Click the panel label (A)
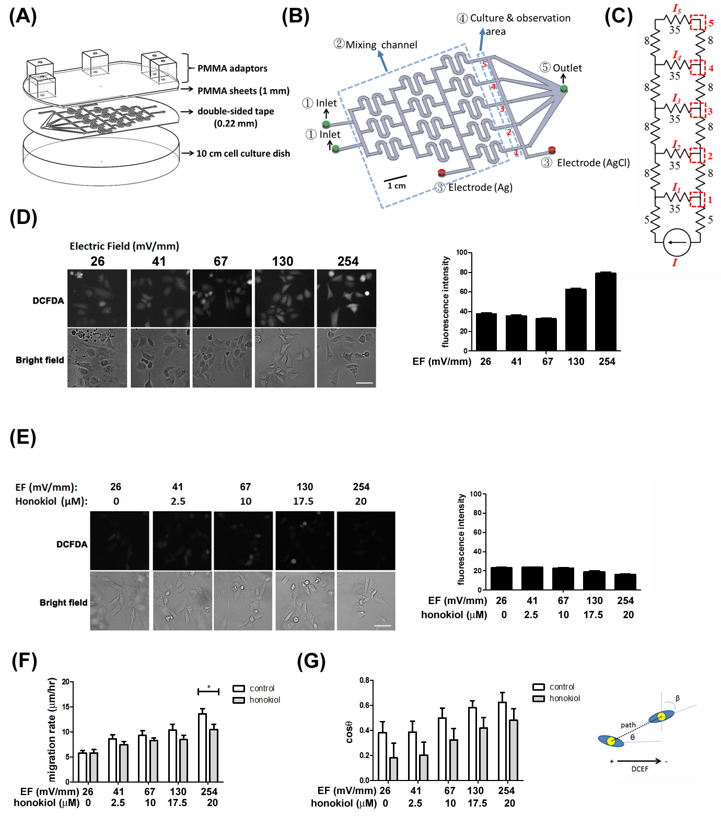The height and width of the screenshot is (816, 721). coord(23,16)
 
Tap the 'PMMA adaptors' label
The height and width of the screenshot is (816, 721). coord(232,68)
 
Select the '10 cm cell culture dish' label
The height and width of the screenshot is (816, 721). coord(243,153)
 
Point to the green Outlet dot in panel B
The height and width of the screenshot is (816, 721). coord(564,89)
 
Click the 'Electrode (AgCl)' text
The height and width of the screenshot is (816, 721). coord(593,163)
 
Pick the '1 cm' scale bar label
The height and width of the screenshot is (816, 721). coord(397,186)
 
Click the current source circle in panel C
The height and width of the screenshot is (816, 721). coord(677,242)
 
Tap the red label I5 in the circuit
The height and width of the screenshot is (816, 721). coord(677,9)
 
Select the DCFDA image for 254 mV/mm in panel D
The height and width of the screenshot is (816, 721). coord(346,298)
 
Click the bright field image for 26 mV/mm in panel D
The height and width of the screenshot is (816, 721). coord(97,358)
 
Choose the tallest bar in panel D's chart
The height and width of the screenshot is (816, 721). coord(606,312)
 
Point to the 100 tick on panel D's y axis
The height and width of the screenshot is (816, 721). coord(461,253)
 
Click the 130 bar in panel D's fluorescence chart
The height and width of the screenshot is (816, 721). coord(576,320)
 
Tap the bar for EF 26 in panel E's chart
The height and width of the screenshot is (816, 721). coord(501,578)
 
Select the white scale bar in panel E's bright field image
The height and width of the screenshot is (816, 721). coord(382,625)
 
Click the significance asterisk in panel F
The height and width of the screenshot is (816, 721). coord(208,688)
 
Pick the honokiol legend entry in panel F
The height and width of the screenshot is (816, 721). coord(257,700)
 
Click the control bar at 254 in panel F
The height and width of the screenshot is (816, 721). coord(202,748)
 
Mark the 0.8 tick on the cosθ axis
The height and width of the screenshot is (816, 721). coord(364,680)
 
